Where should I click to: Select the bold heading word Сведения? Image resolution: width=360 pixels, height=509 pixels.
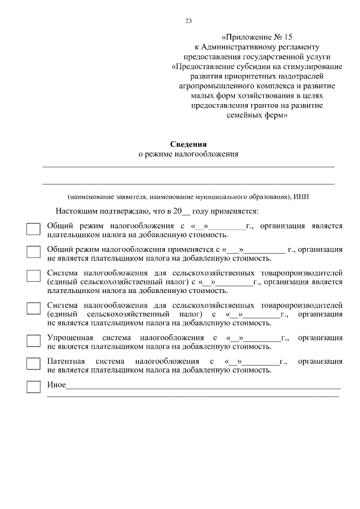pyautogui.click(x=188, y=144)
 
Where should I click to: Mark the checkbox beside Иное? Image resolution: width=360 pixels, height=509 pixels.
pyautogui.click(x=34, y=386)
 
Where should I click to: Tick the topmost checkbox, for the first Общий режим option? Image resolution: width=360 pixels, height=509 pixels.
pyautogui.click(x=34, y=229)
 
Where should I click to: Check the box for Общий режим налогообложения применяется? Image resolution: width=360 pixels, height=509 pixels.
pyautogui.click(x=34, y=252)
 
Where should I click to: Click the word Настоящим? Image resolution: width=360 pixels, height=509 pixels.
pyautogui.click(x=75, y=211)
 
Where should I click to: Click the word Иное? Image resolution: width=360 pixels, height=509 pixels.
pyautogui.click(x=56, y=385)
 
